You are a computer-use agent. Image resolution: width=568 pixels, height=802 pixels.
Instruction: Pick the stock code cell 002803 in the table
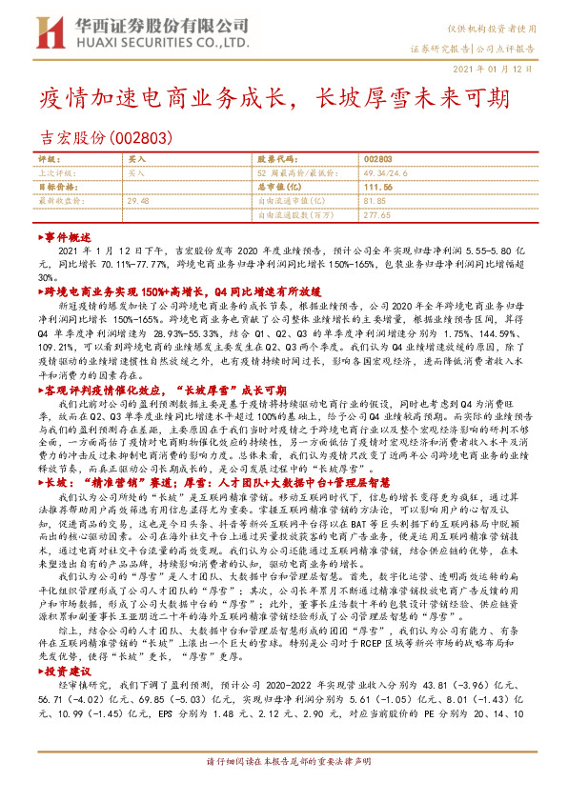click(377, 160)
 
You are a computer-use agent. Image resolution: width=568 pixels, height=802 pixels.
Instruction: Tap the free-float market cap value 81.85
click(374, 201)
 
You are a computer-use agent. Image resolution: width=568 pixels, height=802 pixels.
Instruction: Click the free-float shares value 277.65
click(377, 215)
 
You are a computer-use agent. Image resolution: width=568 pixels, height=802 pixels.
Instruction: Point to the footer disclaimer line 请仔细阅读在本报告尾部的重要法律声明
click(284, 789)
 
